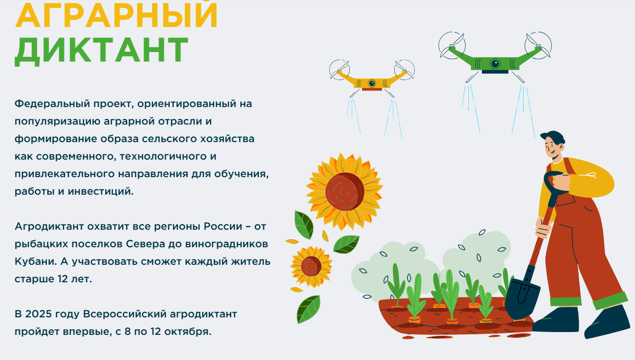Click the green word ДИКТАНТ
click(102, 50)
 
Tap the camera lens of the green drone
click(495, 63)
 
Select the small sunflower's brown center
click(311, 266)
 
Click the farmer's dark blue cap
click(553, 136)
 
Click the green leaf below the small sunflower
click(308, 309)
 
